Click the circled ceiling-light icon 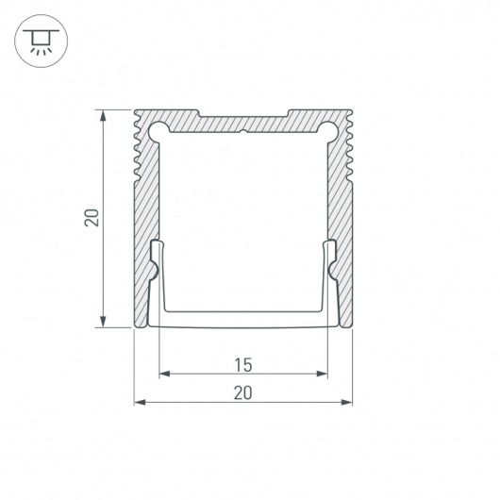click(42, 41)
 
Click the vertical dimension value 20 click(92, 218)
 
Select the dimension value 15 click(243, 365)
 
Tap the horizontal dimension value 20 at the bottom click(243, 392)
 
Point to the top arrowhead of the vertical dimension click(103, 115)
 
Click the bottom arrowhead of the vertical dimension click(103, 322)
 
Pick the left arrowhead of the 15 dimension click(164, 374)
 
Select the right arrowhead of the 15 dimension click(322, 374)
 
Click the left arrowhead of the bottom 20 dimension click(140, 402)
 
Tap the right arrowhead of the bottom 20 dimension click(346, 402)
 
